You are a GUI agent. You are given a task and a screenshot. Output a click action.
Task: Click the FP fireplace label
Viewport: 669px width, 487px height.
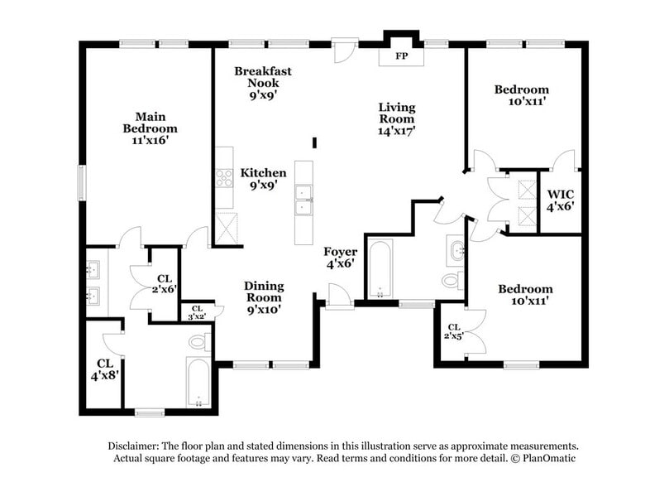[x=401, y=56]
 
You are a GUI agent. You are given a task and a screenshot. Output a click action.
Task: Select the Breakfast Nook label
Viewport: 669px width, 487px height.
[x=262, y=83]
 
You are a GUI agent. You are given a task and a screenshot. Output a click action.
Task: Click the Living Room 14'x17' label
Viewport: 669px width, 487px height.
[x=397, y=118]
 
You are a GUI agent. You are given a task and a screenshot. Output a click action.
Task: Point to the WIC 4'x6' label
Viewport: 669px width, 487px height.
[x=560, y=201]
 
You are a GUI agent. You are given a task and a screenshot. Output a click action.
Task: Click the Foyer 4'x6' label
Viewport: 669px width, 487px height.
[x=340, y=258]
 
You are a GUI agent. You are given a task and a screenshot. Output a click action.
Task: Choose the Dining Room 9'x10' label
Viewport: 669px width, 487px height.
[x=263, y=297]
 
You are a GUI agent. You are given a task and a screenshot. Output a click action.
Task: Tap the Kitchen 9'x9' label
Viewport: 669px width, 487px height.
[x=263, y=179]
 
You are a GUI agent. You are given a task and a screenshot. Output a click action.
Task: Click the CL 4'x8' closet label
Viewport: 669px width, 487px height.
[x=105, y=369]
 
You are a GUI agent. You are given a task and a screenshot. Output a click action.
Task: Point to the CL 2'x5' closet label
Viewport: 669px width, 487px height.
[x=454, y=331]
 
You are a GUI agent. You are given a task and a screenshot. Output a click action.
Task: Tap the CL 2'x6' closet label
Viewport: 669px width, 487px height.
[x=164, y=284]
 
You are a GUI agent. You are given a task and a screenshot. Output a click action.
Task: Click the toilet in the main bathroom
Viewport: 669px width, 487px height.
[x=199, y=341]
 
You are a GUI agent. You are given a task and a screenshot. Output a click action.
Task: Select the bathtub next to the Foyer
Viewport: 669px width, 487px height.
[x=380, y=268]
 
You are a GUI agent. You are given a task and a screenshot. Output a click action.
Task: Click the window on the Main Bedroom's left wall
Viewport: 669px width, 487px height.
[x=81, y=182]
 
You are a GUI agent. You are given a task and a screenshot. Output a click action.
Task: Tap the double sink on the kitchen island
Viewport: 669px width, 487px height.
[x=303, y=201]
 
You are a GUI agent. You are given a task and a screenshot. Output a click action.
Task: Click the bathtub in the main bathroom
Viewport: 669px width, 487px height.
[x=198, y=382]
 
